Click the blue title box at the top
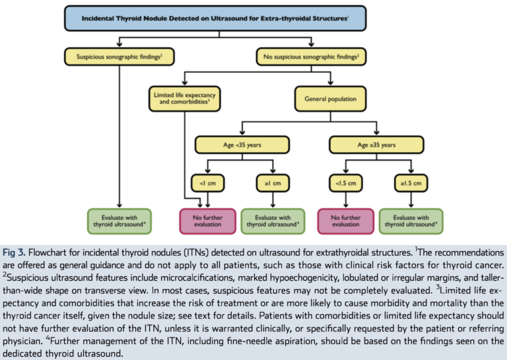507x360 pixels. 215,18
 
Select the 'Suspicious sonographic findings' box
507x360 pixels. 119,57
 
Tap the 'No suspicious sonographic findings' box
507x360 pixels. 311,57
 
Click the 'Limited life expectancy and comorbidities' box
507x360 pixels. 185,98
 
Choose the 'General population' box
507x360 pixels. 331,98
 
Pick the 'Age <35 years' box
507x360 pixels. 242,145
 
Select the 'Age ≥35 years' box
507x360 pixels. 376,145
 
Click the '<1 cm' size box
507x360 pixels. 207,183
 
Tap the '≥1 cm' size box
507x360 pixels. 273,183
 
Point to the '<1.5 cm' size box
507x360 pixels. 346,183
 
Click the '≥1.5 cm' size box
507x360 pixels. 411,183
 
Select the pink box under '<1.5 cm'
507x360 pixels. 346,221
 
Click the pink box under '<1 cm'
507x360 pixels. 207,221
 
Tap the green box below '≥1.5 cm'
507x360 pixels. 411,221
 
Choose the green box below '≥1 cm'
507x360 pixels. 273,221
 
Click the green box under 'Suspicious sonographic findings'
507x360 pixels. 119,221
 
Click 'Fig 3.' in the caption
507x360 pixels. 14,252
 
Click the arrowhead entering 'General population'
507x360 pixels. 331,83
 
